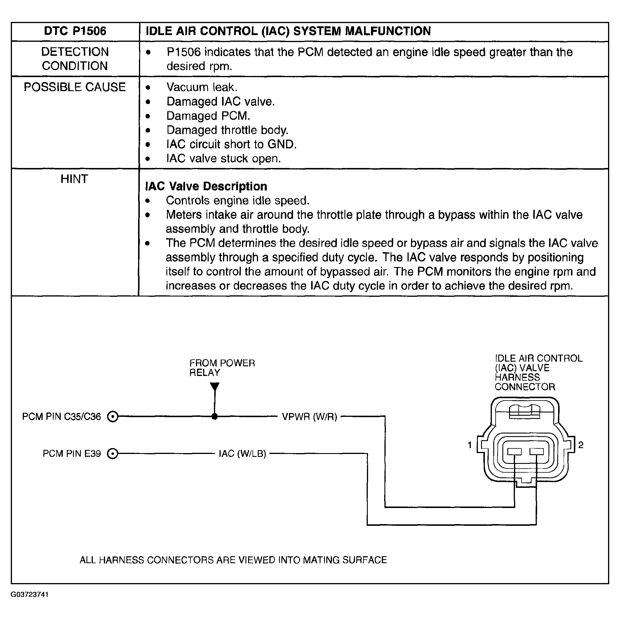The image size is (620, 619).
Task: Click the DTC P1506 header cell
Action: pyautogui.click(x=75, y=31)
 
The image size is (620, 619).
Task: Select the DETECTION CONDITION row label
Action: pyautogui.click(x=75, y=59)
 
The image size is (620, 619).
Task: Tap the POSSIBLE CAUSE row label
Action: pyautogui.click(x=75, y=87)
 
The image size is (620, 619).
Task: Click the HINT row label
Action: pyautogui.click(x=74, y=179)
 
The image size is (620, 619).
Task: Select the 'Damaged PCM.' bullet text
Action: pyautogui.click(x=208, y=116)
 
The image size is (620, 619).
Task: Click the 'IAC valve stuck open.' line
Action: pyautogui.click(x=223, y=158)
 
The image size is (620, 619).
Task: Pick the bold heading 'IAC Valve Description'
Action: pyautogui.click(x=206, y=186)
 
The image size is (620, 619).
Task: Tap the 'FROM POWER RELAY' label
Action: pyautogui.click(x=222, y=368)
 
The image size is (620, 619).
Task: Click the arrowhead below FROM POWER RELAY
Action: pyautogui.click(x=215, y=386)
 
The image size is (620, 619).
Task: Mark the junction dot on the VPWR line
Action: pyautogui.click(x=215, y=417)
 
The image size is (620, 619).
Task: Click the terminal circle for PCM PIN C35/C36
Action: pyautogui.click(x=113, y=417)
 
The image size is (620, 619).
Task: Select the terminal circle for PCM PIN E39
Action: pyautogui.click(x=113, y=454)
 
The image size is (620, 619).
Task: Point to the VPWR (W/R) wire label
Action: pyautogui.click(x=309, y=417)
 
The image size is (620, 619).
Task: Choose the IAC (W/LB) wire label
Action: pyautogui.click(x=242, y=454)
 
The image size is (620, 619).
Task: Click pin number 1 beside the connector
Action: pyautogui.click(x=470, y=445)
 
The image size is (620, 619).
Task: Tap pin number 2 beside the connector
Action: pyautogui.click(x=581, y=445)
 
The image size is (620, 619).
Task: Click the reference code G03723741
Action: pyautogui.click(x=29, y=594)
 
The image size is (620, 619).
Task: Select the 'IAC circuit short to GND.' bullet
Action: pyautogui.click(x=231, y=144)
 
